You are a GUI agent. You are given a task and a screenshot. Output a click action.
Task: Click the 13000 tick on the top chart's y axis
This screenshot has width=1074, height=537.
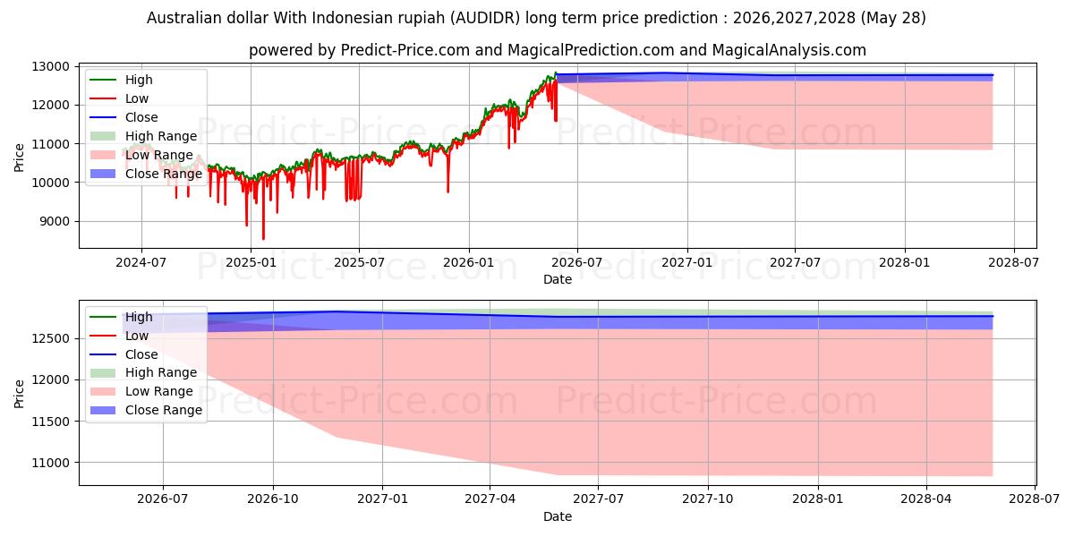pos(50,66)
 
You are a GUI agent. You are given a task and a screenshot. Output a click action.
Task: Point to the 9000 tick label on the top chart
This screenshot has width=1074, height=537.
pos(55,222)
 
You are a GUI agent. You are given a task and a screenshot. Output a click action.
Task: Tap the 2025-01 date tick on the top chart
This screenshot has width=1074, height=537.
pos(251,263)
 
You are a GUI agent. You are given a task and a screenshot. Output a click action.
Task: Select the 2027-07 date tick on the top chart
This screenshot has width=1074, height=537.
pos(795,263)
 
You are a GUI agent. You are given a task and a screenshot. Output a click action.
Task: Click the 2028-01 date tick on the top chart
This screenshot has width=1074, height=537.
pos(905,263)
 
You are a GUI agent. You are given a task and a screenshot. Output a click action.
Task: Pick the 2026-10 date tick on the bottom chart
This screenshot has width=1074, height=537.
pos(273,499)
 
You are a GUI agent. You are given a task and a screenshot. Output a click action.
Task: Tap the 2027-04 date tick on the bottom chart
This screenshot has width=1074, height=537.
pos(490,499)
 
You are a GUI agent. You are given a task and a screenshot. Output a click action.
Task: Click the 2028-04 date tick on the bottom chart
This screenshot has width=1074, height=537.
pos(926,499)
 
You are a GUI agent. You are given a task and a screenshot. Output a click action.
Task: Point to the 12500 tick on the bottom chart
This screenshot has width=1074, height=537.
pos(50,339)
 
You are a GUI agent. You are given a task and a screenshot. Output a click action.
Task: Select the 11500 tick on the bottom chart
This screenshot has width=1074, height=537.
pos(50,422)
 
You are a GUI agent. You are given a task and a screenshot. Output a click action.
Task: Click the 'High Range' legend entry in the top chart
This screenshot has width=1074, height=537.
pos(143,136)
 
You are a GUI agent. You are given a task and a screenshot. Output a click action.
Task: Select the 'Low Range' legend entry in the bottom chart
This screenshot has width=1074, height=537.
pos(141,391)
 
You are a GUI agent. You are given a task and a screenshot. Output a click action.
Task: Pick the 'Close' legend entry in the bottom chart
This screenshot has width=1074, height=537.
pos(124,354)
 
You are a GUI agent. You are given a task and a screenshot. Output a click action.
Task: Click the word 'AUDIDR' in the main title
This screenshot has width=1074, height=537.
pos(485,18)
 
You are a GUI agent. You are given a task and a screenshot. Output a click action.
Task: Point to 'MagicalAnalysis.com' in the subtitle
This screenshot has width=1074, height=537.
pos(788,50)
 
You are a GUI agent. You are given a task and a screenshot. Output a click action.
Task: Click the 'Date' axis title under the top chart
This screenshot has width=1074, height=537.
pos(557,279)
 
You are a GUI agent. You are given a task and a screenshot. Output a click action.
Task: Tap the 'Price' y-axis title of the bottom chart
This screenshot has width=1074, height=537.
pos(19,394)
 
